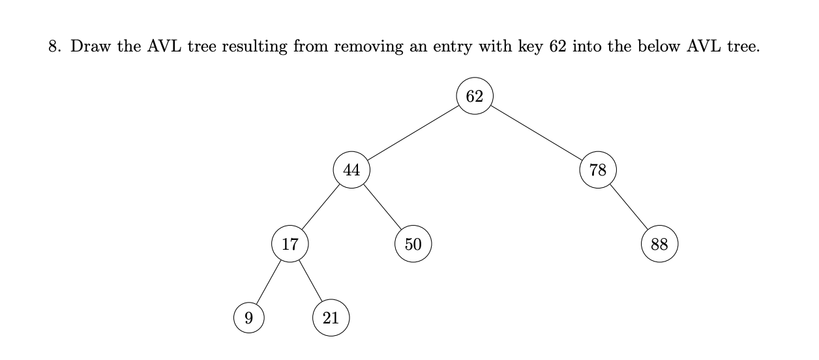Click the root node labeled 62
pos(475,96)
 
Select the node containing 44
pos(351,170)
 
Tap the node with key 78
pos(597,170)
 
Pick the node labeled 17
pos(290,244)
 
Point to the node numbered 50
pos(413,244)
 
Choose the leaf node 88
pos(659,244)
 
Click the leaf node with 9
pos(248,318)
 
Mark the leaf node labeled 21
pos(331,318)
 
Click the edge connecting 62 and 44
pos(413,133)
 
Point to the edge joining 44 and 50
pos(382,207)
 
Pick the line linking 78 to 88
pos(629,207)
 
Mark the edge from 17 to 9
pos(269,281)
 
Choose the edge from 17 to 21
pos(310,281)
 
